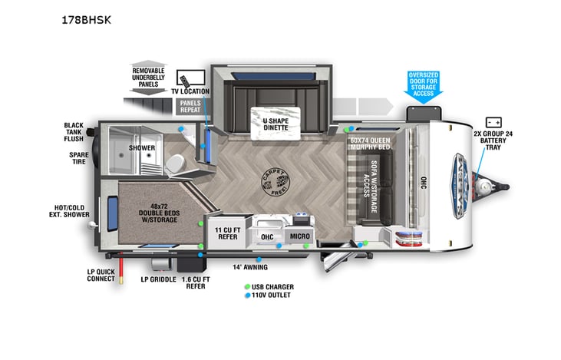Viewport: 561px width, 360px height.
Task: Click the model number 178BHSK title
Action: [x=86, y=20]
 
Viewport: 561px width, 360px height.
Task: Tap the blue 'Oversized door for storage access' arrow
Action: [x=424, y=85]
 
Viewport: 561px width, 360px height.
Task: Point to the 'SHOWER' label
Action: [x=142, y=147]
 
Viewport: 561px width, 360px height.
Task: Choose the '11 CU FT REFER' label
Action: [x=229, y=234]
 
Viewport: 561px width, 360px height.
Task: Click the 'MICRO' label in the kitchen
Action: [x=299, y=236]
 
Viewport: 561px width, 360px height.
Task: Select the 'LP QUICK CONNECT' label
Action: [x=101, y=276]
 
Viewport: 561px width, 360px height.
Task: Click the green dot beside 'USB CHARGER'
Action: [x=247, y=287]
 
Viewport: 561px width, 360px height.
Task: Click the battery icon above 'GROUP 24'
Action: [x=493, y=122]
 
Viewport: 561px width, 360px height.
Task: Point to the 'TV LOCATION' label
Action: [x=188, y=91]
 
